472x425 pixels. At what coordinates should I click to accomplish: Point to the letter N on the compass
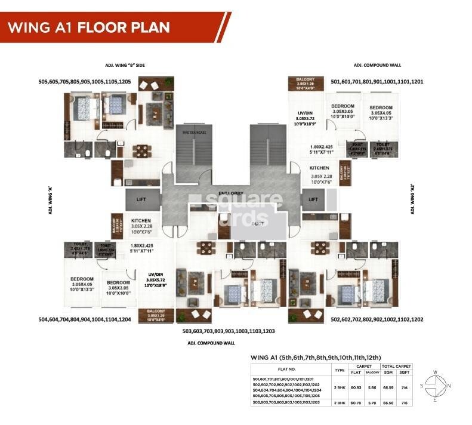[449, 386]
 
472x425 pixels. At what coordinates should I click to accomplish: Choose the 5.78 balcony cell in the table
[373, 404]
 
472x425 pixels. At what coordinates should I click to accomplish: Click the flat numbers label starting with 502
[377, 320]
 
